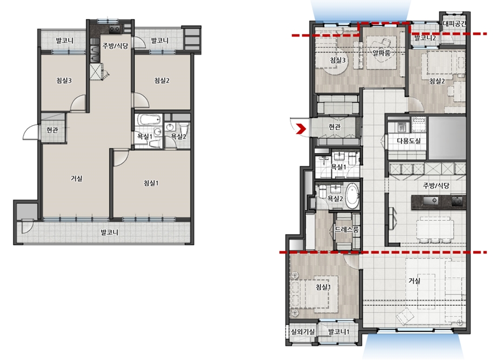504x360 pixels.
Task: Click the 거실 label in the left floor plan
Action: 77,178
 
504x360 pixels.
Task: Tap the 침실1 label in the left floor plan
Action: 151,183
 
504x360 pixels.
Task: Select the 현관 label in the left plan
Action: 52,130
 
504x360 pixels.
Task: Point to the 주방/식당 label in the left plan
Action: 115,46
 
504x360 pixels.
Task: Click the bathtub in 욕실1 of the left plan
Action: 149,119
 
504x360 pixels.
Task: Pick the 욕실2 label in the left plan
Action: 178,136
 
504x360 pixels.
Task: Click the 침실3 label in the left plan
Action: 64,81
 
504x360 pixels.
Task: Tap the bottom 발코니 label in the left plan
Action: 109,232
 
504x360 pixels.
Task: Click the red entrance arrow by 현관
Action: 301,128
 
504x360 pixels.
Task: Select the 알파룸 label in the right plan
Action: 381,52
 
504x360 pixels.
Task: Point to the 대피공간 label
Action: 454,23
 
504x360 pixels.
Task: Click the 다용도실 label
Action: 408,141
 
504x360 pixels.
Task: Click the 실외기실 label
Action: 303,331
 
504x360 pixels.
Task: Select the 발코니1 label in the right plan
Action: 339,331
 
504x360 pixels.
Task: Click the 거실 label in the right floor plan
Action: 414,281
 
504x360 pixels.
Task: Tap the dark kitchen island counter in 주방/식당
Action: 439,202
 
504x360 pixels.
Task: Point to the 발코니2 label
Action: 425,38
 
